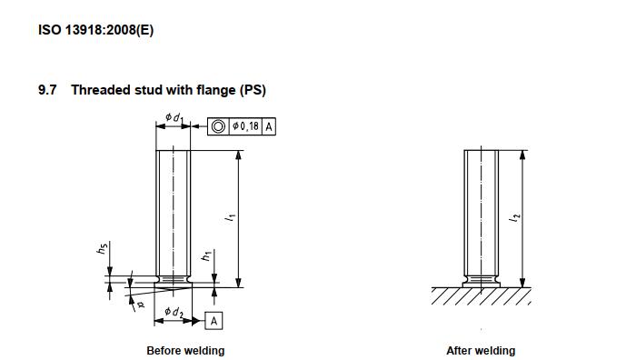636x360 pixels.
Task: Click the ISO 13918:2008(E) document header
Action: click(x=95, y=30)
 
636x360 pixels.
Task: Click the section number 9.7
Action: click(x=47, y=90)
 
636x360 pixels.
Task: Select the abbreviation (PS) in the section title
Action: click(x=253, y=90)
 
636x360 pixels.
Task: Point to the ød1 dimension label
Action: click(x=174, y=117)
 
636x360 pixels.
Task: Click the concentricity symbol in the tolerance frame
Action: click(x=218, y=126)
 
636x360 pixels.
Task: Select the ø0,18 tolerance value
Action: click(x=246, y=126)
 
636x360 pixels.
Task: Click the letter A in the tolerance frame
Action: click(x=269, y=127)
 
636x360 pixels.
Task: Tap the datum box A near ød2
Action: click(x=214, y=321)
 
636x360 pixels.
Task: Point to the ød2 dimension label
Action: click(x=174, y=312)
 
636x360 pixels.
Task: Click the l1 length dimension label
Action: click(x=231, y=217)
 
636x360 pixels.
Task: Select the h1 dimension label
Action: click(x=206, y=255)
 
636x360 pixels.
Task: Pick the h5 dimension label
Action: click(x=102, y=248)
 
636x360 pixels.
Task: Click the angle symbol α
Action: click(x=141, y=305)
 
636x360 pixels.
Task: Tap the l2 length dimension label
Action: click(x=514, y=217)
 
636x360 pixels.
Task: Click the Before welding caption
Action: click(x=185, y=351)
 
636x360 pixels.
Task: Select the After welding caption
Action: click(x=481, y=351)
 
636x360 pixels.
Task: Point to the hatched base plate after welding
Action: click(x=481, y=296)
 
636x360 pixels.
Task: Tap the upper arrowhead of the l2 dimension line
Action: click(x=522, y=155)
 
